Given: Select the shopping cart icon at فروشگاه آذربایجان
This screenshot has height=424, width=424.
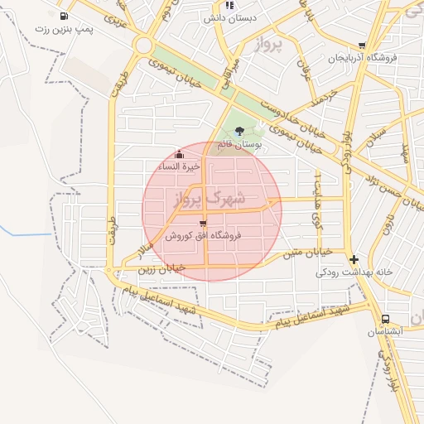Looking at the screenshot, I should [x=361, y=46].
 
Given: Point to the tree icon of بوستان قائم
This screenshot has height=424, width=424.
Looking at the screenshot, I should [x=239, y=130].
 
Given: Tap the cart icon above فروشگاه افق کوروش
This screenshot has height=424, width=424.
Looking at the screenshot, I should [x=203, y=223].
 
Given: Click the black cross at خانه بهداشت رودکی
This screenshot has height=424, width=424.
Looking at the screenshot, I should [x=354, y=258].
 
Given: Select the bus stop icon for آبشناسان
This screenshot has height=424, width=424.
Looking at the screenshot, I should [x=385, y=319].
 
